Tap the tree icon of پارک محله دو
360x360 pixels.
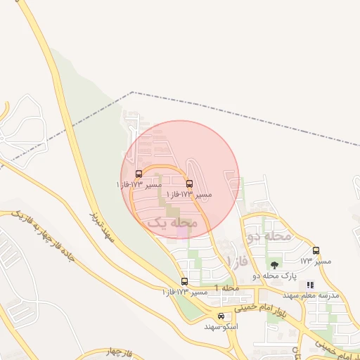pyautogui.click(x=274, y=264)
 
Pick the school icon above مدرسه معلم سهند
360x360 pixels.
pyautogui.click(x=311, y=285)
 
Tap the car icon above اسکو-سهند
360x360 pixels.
pyautogui.click(x=221, y=316)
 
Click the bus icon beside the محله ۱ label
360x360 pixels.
pyautogui.click(x=185, y=281)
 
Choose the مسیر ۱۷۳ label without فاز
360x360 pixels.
pyautogui.click(x=305, y=261)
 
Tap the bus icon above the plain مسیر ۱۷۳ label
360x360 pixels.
pyautogui.click(x=316, y=250)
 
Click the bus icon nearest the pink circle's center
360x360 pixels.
pyautogui.click(x=190, y=184)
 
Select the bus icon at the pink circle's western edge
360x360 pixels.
pyautogui.click(x=138, y=174)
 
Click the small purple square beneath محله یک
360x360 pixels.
pyautogui.click(x=181, y=232)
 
